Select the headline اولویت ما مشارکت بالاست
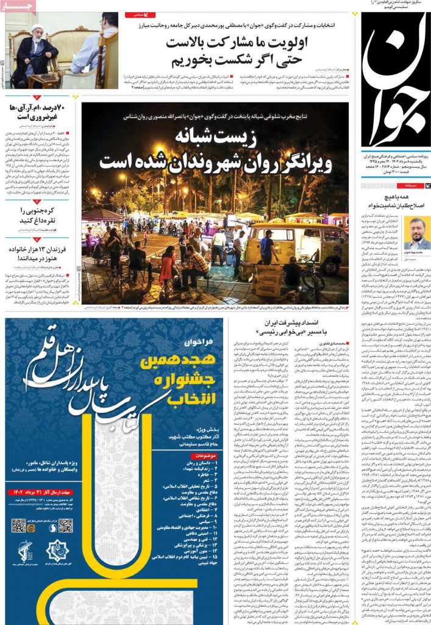[237, 43]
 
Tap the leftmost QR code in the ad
[18, 526]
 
